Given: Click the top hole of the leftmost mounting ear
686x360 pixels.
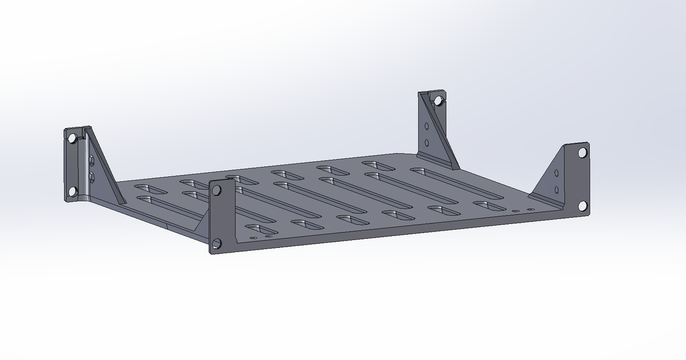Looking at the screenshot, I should [x=71, y=139].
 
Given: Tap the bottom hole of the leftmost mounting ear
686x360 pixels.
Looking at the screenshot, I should [x=72, y=191].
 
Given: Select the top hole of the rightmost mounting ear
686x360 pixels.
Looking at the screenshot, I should [x=582, y=153].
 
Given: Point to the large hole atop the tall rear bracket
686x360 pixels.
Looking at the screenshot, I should [x=437, y=101].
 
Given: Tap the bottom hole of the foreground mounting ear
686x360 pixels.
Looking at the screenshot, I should [x=217, y=243].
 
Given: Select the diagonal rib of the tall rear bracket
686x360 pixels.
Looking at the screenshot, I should [x=437, y=131].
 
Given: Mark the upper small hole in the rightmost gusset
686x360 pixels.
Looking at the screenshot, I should [x=557, y=173].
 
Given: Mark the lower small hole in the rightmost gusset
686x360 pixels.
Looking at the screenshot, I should [x=557, y=189].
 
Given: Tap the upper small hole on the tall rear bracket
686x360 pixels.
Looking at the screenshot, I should [x=426, y=126].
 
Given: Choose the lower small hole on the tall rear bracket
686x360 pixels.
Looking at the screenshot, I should [x=426, y=142].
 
